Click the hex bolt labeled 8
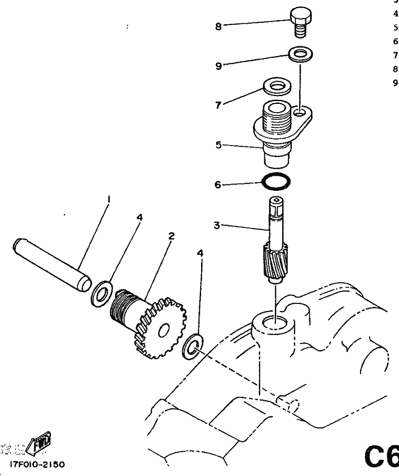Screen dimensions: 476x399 301,22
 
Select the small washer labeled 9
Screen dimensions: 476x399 301,55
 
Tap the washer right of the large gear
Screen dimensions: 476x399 191,346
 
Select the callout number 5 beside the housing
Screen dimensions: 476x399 219,145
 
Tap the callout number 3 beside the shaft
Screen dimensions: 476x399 219,225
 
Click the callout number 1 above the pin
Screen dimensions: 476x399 109,199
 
